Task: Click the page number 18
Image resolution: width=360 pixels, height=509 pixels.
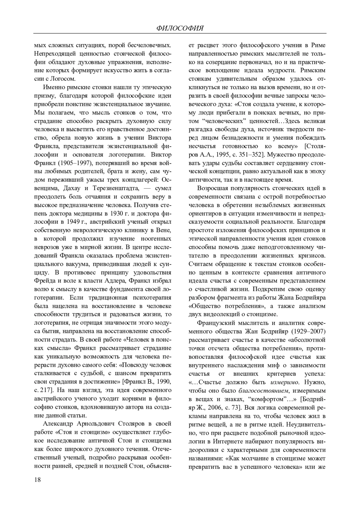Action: tap(37, 479)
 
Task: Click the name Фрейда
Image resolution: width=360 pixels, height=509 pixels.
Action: tap(43, 281)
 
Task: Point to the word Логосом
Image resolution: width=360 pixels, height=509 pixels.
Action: tap(60, 79)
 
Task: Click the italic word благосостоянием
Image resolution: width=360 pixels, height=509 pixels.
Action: tap(264, 391)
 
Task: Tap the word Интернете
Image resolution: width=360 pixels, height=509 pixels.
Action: tap(229, 441)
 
